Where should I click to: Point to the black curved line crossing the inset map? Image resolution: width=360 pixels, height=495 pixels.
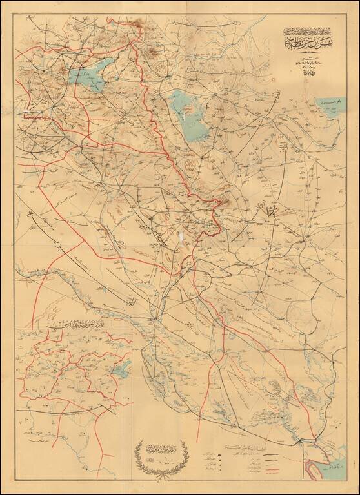pos(71,407)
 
